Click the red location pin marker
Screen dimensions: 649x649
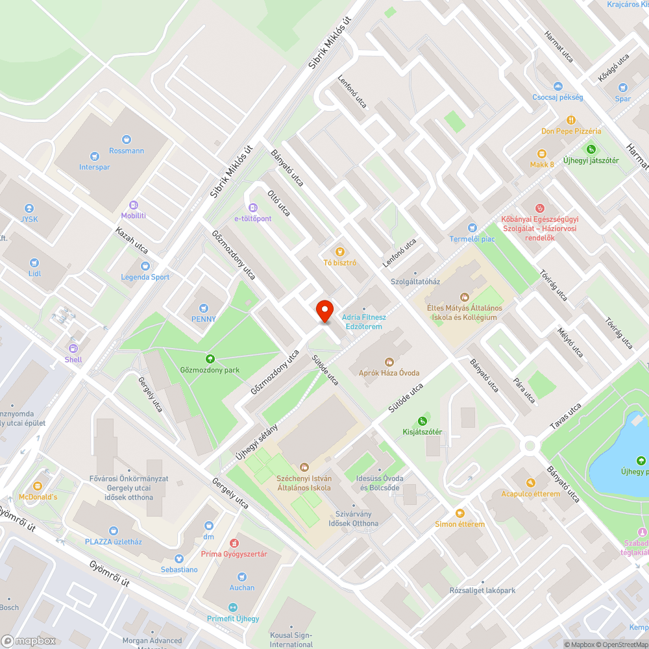[x=324, y=310]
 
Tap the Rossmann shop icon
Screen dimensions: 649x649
[x=126, y=139]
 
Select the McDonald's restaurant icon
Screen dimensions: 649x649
[x=38, y=485]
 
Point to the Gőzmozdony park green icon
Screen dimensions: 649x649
[x=210, y=359]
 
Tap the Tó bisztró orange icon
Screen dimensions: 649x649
[x=338, y=252]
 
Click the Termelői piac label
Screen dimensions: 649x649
[x=473, y=239]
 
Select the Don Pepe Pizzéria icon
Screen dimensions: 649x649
[x=571, y=120]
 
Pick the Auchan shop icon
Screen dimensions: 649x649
[x=242, y=576]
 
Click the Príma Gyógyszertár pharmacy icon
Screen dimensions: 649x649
[x=234, y=543]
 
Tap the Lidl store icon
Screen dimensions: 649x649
[x=34, y=263]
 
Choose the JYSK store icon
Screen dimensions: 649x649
[x=29, y=208]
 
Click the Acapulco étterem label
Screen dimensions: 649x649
[x=530, y=493]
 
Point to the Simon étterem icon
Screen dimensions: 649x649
[x=459, y=513]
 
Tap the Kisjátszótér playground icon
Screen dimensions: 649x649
[x=422, y=421]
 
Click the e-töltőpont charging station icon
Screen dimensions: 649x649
[x=252, y=208]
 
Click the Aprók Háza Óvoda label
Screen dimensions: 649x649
[x=389, y=373]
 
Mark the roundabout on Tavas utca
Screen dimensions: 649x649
[x=530, y=445]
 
